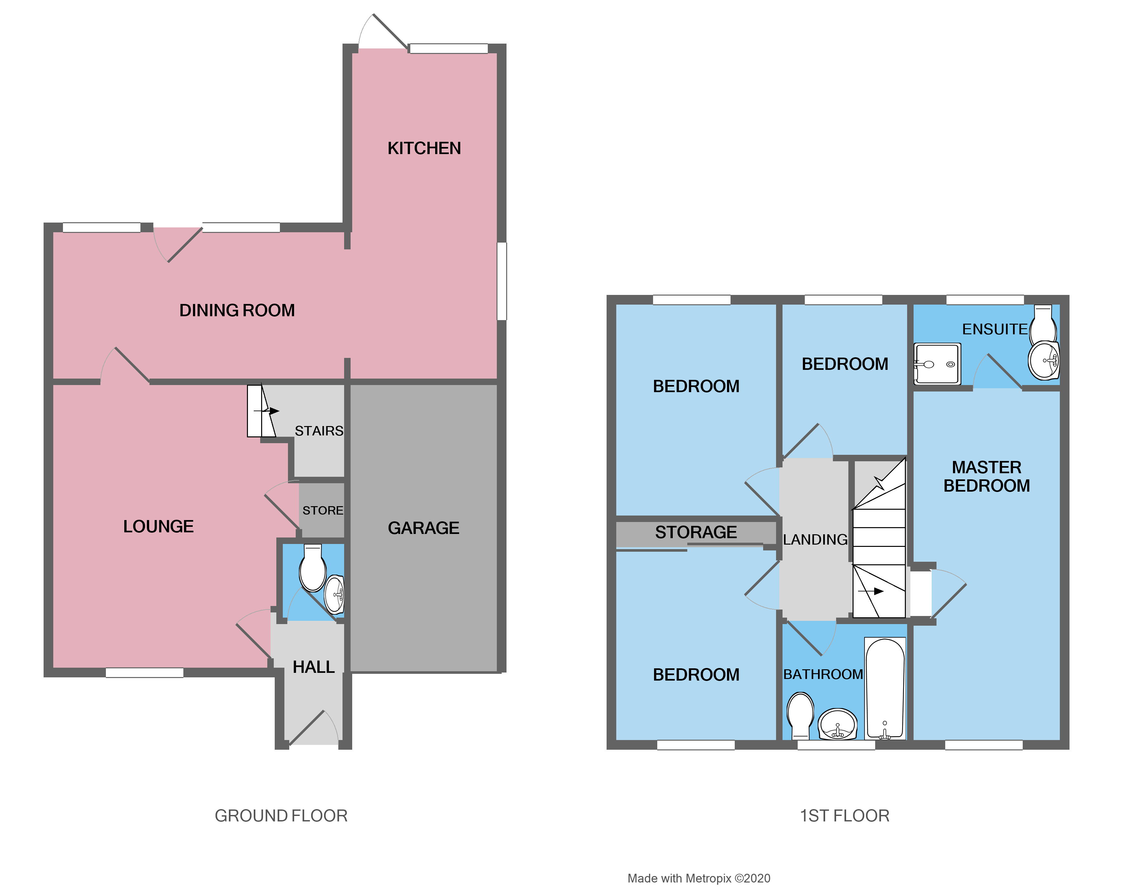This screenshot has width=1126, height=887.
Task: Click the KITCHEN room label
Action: [424, 149]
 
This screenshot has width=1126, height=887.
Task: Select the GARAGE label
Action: [424, 528]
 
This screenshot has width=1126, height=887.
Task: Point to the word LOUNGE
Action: [158, 527]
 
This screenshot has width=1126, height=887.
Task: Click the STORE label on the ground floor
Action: [323, 510]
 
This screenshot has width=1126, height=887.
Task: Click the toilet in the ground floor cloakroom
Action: [312, 569]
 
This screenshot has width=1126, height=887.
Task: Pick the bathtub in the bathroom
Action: [885, 688]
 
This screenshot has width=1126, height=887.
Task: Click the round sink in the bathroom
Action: [837, 723]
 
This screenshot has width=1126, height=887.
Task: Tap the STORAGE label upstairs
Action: [696, 532]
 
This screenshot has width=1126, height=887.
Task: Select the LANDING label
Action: [815, 539]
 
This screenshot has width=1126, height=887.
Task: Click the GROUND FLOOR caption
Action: [281, 816]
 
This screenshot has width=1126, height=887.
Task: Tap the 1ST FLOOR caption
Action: [844, 816]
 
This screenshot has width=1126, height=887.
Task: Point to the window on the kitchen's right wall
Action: [502, 281]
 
